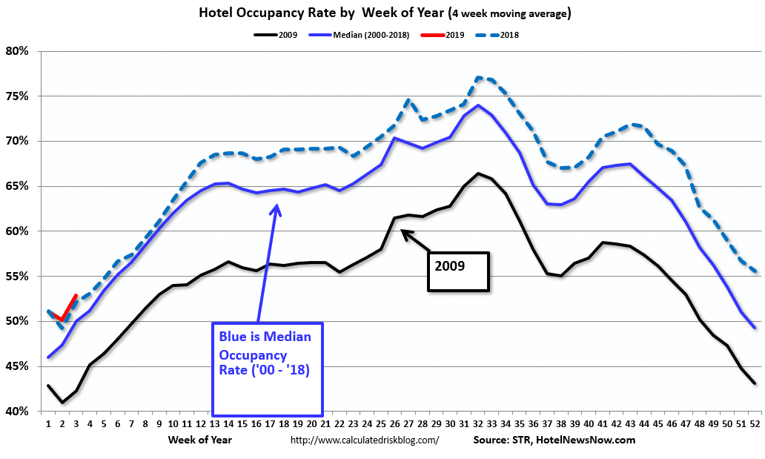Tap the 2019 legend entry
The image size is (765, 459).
pyautogui.click(x=454, y=35)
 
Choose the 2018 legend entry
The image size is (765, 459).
pyautogui.click(x=509, y=35)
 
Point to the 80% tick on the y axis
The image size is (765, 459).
pyautogui.click(x=17, y=51)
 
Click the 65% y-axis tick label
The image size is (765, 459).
pyautogui.click(x=17, y=186)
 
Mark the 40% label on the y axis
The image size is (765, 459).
pyautogui.click(x=17, y=411)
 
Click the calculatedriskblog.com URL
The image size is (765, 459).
pyautogui.click(x=365, y=440)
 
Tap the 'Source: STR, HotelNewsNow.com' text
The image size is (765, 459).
pyautogui.click(x=554, y=440)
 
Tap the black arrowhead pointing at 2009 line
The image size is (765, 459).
pyautogui.click(x=404, y=232)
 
